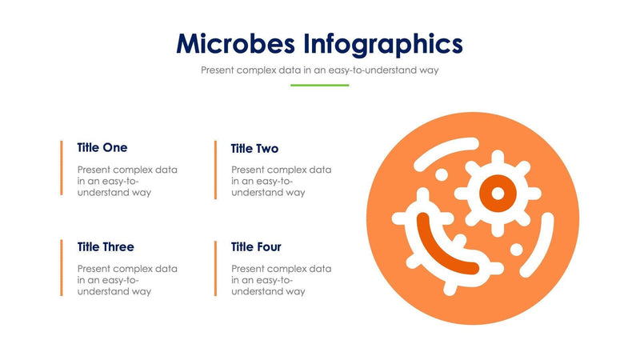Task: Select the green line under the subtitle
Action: tap(319, 85)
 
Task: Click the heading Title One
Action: tap(102, 147)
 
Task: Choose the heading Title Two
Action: tap(254, 148)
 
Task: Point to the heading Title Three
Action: tap(106, 246)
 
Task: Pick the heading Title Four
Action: tap(256, 246)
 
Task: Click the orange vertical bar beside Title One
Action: tap(62, 168)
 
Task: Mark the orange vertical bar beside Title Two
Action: tap(215, 170)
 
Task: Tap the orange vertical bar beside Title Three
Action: tap(62, 267)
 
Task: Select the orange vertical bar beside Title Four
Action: tap(215, 267)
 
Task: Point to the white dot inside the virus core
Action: tap(497, 193)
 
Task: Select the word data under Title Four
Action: tap(320, 269)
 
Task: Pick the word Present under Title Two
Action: tap(249, 170)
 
